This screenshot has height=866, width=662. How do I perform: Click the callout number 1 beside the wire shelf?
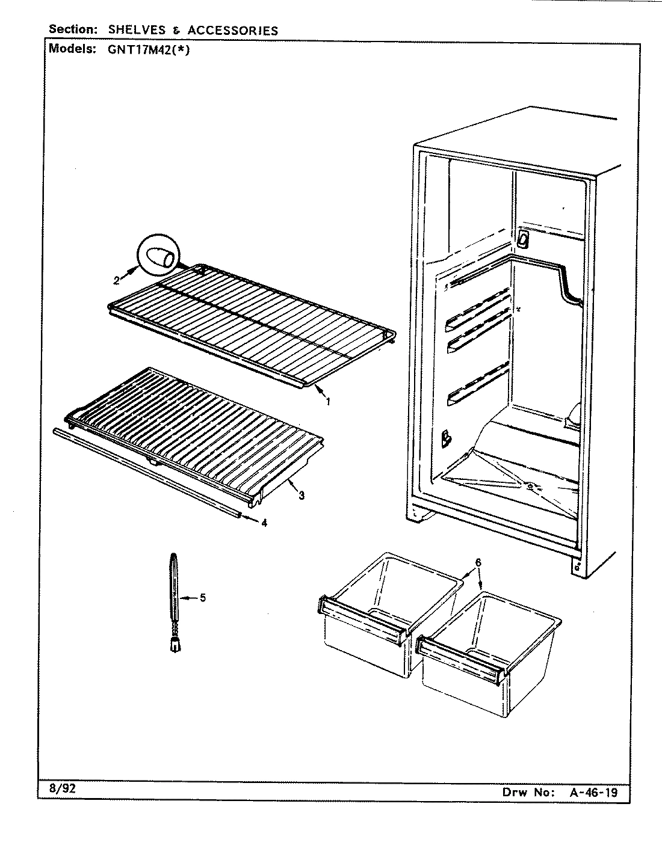(328, 402)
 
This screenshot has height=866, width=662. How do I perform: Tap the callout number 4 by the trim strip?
(264, 523)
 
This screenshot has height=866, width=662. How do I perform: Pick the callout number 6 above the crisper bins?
(478, 562)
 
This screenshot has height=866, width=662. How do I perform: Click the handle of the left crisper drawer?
(361, 615)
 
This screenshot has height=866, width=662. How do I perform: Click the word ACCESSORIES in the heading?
(233, 29)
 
